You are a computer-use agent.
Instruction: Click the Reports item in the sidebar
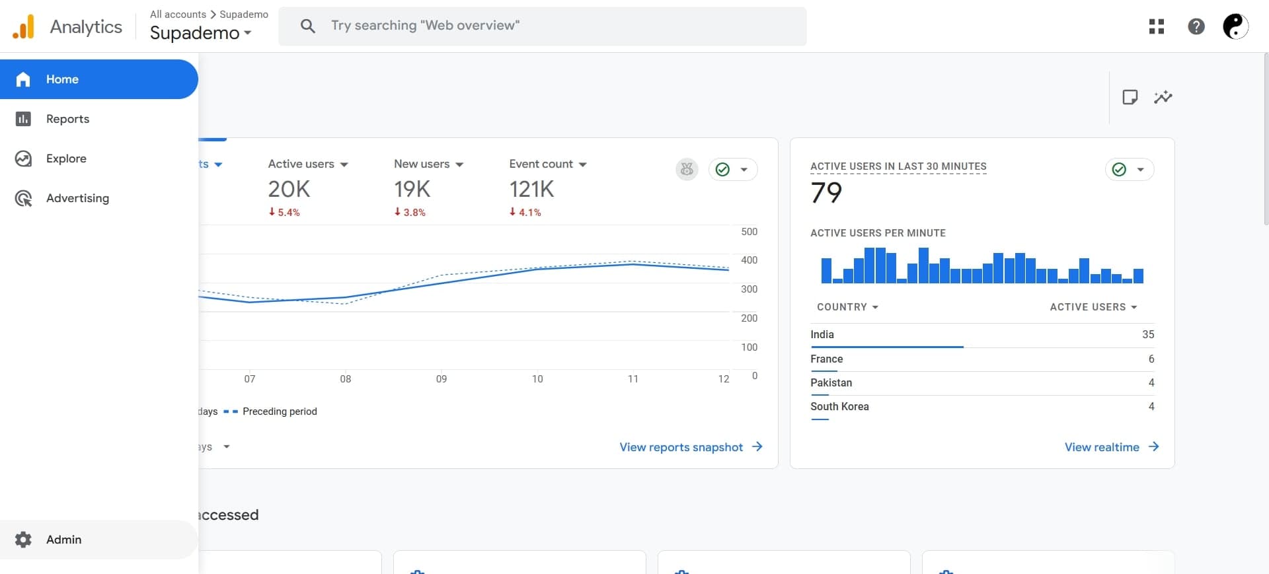point(67,119)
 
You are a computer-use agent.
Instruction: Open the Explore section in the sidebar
point(66,159)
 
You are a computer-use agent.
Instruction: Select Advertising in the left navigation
point(77,198)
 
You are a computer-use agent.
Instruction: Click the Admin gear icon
point(23,540)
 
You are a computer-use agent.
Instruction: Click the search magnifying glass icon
point(307,26)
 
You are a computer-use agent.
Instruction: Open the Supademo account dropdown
point(200,32)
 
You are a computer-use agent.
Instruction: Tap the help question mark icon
point(1196,26)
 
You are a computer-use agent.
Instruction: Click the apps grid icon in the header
point(1156,26)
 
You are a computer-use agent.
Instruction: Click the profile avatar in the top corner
point(1235,26)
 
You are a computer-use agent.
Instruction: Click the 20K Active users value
point(289,190)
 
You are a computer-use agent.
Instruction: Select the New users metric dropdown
point(428,164)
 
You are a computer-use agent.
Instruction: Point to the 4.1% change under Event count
point(525,212)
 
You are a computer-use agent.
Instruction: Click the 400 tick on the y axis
point(749,260)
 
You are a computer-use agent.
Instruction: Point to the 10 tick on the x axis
point(537,379)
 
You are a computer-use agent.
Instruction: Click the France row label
point(826,359)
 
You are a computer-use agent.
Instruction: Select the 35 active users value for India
point(1147,334)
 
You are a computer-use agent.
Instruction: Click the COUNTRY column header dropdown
point(847,307)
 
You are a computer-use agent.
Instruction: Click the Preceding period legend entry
point(279,412)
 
